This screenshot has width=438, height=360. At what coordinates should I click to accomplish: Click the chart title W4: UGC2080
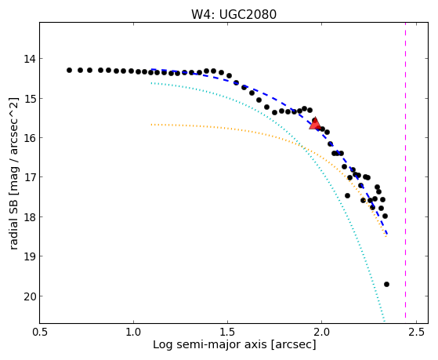[x=233, y=14]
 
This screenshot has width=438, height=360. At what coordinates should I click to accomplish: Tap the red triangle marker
[x=315, y=124]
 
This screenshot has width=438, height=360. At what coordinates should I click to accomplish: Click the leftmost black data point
[x=69, y=71]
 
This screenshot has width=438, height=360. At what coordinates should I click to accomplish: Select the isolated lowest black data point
[x=386, y=285]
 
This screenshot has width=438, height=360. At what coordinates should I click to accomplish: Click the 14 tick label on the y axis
[x=29, y=59]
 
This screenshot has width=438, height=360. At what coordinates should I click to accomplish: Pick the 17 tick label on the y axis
[x=29, y=177]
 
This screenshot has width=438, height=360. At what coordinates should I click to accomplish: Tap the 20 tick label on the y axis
[x=29, y=296]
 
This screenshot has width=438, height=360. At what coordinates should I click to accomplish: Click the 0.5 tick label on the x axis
[x=41, y=332]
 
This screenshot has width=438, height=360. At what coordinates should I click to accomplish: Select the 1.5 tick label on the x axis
[x=228, y=332]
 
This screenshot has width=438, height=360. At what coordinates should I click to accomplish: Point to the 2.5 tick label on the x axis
[x=416, y=332]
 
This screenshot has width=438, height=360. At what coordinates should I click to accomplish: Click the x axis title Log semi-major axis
[x=210, y=345]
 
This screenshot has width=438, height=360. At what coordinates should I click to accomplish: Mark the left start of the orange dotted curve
[x=151, y=125]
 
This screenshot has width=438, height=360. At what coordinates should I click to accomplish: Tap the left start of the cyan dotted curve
[x=151, y=83]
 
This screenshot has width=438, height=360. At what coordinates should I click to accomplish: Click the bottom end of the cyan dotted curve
[x=385, y=321]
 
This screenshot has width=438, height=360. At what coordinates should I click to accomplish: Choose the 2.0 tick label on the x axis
[x=322, y=332]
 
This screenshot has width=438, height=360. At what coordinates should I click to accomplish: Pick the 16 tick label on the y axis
[x=29, y=138]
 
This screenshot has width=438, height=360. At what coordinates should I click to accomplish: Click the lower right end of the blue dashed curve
[x=387, y=234]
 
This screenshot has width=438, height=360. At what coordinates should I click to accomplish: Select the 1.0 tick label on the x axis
[x=133, y=332]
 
